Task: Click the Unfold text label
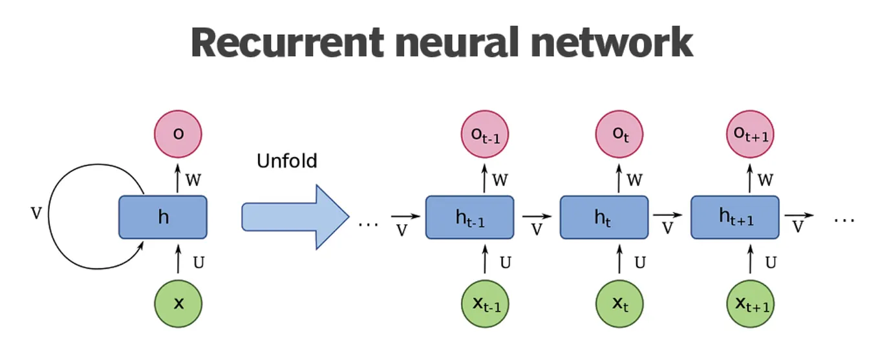286,160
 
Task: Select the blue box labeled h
163,217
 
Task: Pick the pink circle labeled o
178,134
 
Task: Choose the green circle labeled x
178,302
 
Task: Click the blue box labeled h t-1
469,217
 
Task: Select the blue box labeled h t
603,217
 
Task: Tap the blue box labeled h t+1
736,217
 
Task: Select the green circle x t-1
485,302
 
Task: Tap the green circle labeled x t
619,302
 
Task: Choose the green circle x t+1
750,302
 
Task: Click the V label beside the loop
36,213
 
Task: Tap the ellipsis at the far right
844,220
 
